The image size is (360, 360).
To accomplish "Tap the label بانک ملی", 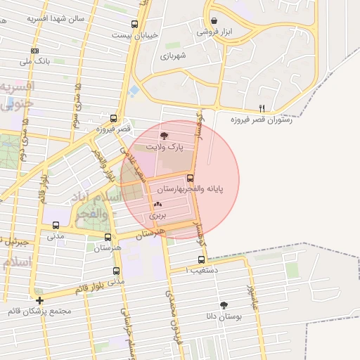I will point(35,61).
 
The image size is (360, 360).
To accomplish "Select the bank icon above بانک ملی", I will point(35,51).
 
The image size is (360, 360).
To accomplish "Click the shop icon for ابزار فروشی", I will point(213,20).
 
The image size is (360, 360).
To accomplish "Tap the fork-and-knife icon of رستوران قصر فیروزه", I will point(262,108).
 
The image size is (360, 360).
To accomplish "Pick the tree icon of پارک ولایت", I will point(164,135).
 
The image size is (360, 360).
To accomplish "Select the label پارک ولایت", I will point(164,147).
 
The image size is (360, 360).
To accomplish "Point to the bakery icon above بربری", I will point(157,205).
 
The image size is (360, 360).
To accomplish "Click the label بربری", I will point(157,217).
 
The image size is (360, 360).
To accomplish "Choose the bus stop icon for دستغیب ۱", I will point(202,259).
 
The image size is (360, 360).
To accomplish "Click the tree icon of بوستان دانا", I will point(224,305).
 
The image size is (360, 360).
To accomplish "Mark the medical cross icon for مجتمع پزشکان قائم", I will point(39,300).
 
